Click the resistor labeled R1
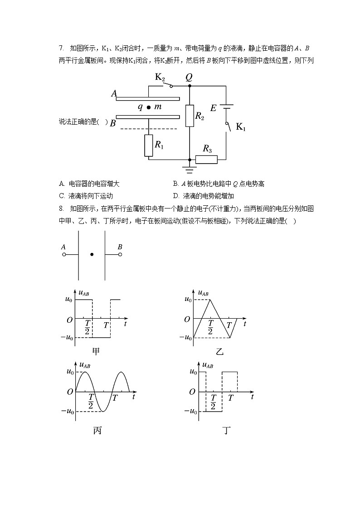149,145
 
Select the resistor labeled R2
190,116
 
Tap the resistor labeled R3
206,159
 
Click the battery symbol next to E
226,107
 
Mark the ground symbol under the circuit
190,170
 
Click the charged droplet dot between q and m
148,107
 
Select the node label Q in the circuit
189,77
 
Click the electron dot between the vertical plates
92,255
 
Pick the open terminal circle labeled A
64,255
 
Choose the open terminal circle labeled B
120,255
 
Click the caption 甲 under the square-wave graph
96,351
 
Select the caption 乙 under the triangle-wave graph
219,352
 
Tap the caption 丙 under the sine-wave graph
97,430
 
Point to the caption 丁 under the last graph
227,430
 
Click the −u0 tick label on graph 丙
68,411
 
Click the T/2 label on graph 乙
211,327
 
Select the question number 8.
61,208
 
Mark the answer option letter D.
175,196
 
